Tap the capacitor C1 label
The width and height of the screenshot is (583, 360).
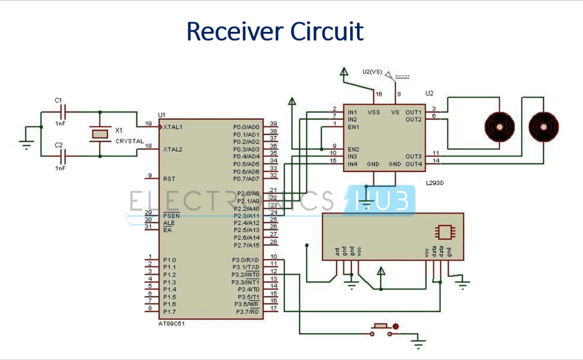click(x=58, y=100)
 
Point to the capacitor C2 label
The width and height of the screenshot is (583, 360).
click(x=58, y=145)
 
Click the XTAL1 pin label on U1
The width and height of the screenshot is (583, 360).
click(x=173, y=126)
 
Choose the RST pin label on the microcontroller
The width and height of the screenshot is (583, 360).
click(x=169, y=178)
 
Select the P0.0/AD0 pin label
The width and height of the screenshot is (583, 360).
click(x=247, y=126)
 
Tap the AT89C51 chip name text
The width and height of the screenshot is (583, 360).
click(x=171, y=323)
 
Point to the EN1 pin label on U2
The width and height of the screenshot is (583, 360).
click(x=353, y=127)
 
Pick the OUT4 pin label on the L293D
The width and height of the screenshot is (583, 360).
click(x=413, y=164)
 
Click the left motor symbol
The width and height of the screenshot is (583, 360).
click(x=499, y=125)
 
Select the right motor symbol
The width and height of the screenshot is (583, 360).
click(x=543, y=125)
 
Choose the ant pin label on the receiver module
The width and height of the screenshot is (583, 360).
click(x=337, y=251)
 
